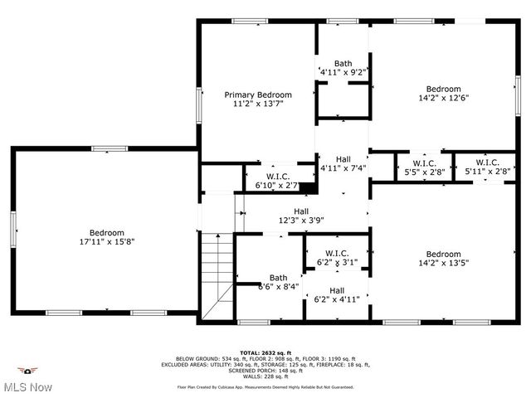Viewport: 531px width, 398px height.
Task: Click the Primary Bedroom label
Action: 257,95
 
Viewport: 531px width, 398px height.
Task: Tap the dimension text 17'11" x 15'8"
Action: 107,242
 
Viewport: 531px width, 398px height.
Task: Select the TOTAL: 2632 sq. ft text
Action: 265,352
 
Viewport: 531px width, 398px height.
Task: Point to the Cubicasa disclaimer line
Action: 265,386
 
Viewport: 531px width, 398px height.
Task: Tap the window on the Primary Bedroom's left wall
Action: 198,105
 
